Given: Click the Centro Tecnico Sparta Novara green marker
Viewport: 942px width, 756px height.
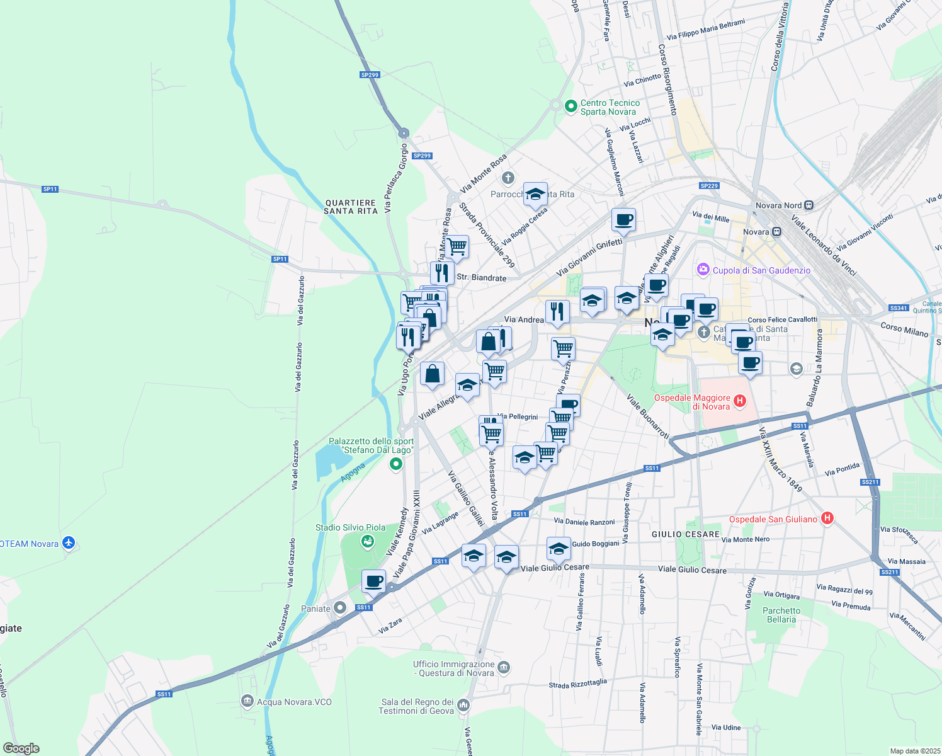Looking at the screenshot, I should pos(571,106).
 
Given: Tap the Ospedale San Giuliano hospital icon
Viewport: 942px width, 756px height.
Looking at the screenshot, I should pos(827,518).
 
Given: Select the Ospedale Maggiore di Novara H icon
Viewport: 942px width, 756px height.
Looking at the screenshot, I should pos(740,401).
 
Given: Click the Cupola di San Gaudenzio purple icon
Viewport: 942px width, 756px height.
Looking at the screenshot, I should pos(703,270).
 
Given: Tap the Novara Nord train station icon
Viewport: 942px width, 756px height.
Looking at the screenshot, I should pos(809,205).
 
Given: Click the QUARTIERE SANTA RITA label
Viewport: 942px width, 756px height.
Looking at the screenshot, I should pos(351,207).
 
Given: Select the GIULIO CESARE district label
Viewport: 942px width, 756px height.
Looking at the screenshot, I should pos(685,534).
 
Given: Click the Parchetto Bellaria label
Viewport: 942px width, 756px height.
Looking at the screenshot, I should pos(781,615).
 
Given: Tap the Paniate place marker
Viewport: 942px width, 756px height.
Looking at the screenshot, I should pos(340,608).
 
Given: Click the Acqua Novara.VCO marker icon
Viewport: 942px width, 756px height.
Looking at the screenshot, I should pos(247,701).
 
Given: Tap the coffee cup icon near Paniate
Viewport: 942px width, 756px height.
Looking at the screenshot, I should pos(373,580).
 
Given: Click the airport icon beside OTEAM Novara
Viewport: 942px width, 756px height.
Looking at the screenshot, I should pos(69,543).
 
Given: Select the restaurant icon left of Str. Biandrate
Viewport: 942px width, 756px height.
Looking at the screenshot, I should pos(442,272).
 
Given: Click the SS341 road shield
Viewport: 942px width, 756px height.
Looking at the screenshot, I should pos(898,308).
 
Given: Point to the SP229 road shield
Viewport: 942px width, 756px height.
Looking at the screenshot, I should pos(709,186).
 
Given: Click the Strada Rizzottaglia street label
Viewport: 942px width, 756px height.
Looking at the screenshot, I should pos(577,684).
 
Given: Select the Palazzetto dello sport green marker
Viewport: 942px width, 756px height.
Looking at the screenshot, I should pos(396,465).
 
